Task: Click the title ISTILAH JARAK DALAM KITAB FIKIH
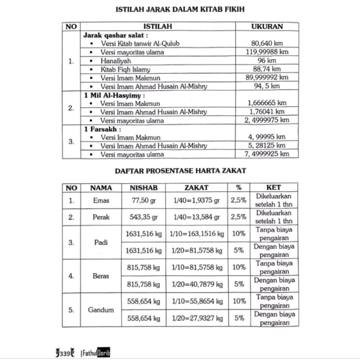click(180, 9)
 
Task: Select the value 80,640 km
click(268, 44)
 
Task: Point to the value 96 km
click(268, 61)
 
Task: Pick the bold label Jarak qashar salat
click(116, 35)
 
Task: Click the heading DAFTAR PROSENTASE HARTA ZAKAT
click(180, 171)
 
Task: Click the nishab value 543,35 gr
click(143, 217)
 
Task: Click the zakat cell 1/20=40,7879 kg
click(196, 284)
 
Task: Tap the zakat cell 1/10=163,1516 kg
click(196, 234)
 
